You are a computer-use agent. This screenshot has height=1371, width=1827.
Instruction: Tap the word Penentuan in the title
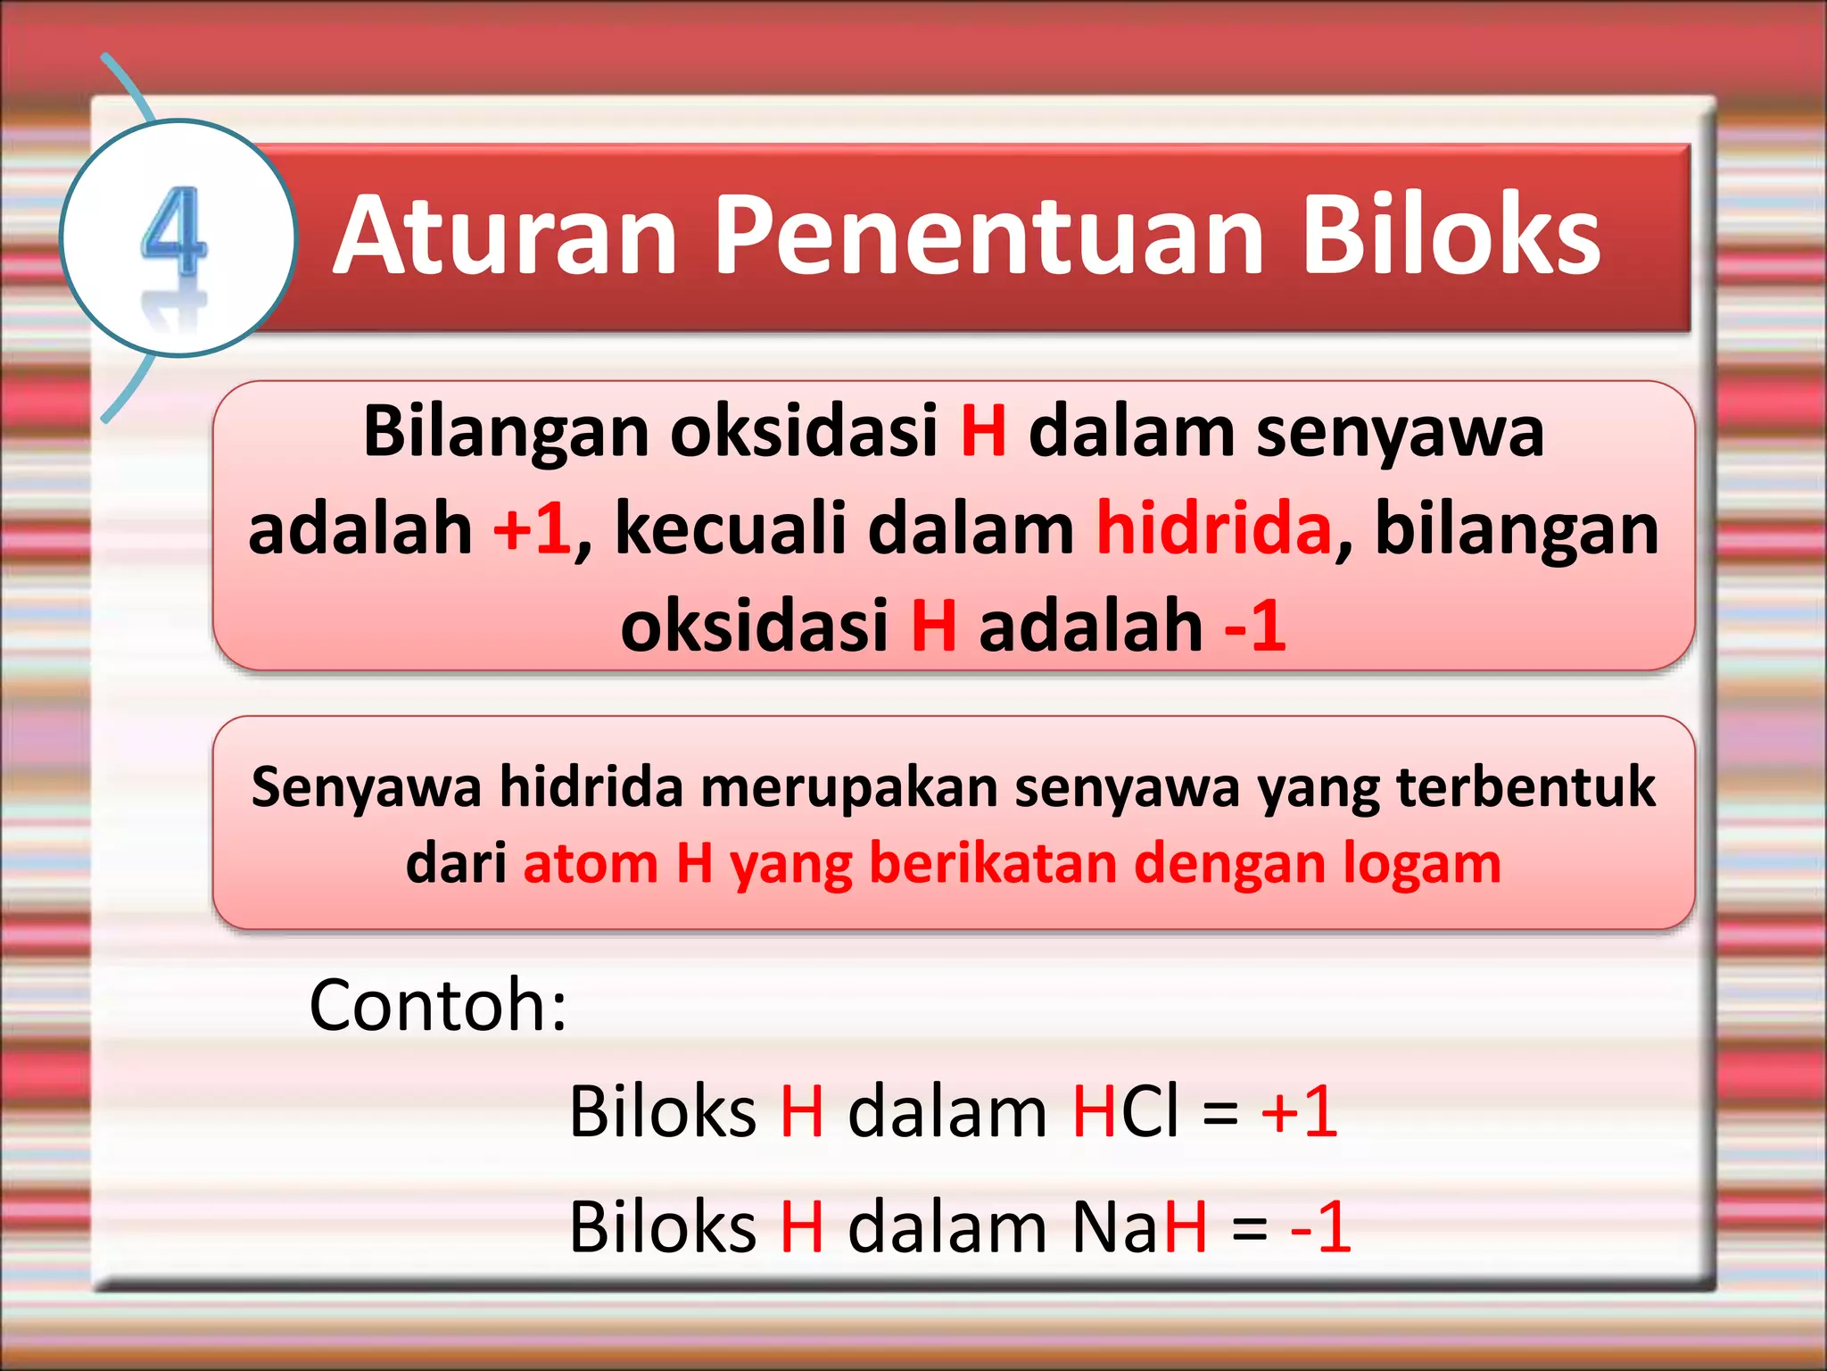tap(989, 236)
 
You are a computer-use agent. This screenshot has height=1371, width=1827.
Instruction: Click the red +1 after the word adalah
tap(532, 528)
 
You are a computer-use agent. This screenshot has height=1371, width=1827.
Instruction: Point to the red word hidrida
tap(1214, 528)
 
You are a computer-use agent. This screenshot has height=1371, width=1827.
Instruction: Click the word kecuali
tap(731, 528)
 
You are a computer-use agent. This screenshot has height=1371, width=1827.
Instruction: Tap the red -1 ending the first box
tap(1255, 625)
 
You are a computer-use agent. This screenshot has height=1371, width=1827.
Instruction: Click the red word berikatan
tap(992, 864)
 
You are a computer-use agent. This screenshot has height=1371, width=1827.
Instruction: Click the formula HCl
tap(1126, 1112)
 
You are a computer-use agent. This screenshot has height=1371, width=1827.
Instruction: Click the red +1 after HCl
tap(1299, 1112)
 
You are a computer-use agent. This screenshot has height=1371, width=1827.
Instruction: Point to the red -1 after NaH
tap(1321, 1227)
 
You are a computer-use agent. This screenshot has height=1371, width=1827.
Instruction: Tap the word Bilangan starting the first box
tap(506, 432)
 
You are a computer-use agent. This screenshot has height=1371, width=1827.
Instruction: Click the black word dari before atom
tap(456, 864)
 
